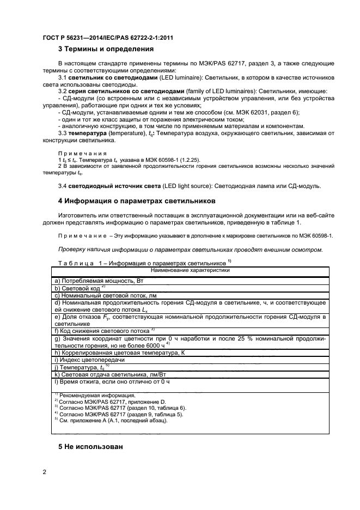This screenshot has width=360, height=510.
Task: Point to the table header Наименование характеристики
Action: [x=190, y=269]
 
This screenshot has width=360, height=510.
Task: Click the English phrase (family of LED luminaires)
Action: [x=220, y=91]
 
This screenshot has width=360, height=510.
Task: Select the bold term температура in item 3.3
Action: [x=88, y=133]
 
